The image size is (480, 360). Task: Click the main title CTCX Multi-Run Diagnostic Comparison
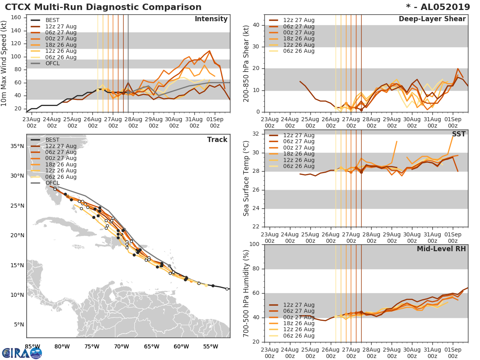point(103,7)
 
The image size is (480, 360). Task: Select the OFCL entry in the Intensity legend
point(52,64)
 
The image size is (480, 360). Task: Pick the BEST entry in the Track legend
point(53,140)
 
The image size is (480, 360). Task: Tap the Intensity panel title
point(211,19)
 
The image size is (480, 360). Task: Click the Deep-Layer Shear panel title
point(432,19)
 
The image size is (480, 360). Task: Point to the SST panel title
point(458,134)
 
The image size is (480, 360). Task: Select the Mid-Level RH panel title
point(441,249)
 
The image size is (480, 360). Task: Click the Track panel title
point(217,140)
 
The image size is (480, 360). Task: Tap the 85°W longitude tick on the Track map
point(32,346)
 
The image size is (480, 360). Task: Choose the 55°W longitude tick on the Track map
point(210,346)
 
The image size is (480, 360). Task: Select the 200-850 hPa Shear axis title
point(247,64)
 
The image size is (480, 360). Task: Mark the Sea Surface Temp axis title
point(247,178)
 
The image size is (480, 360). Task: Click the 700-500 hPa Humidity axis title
point(247,293)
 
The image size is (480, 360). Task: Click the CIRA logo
point(22,353)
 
